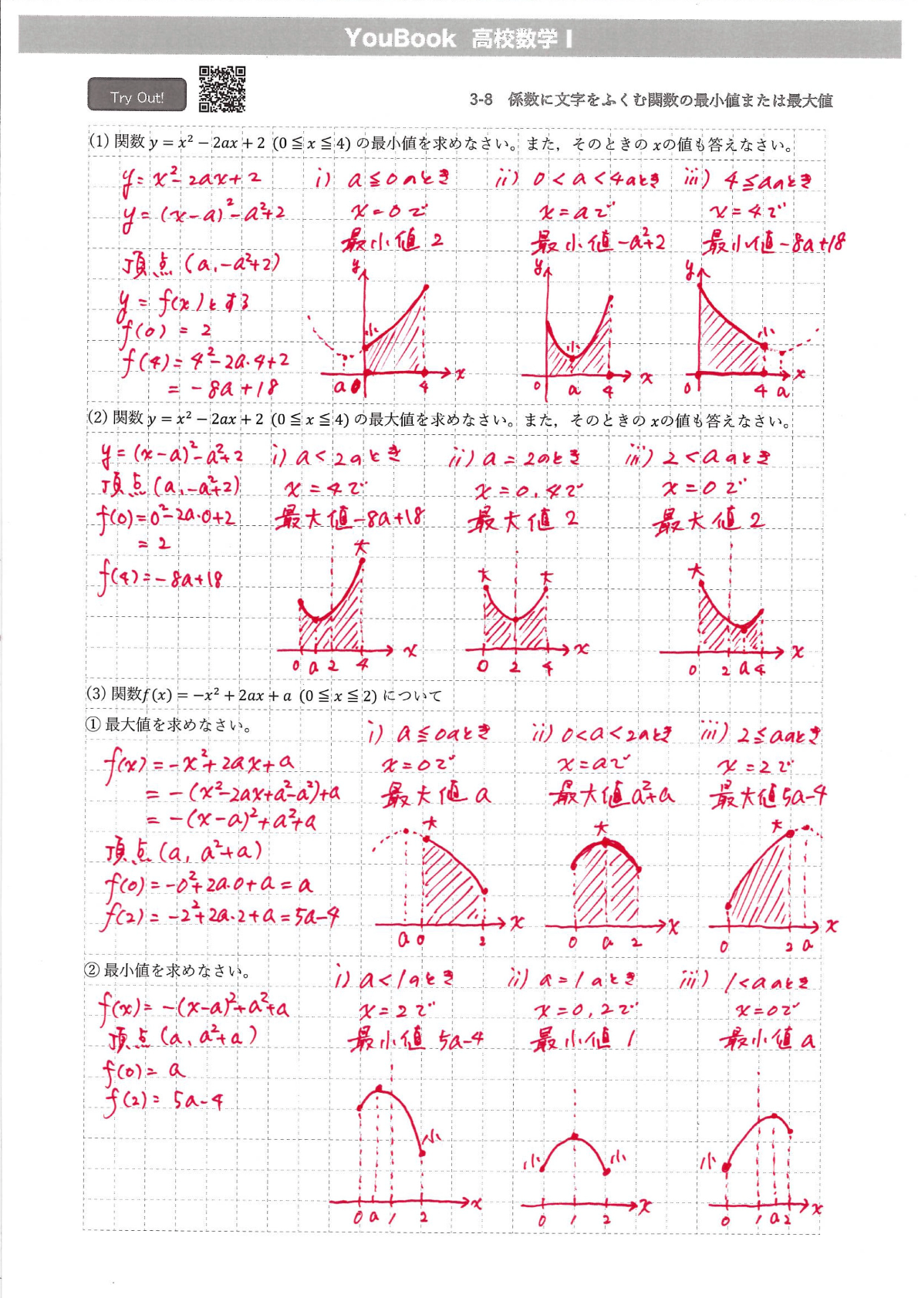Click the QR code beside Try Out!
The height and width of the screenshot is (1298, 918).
222,89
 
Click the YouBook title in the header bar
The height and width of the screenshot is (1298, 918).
400,38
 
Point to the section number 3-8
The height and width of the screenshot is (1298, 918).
481,99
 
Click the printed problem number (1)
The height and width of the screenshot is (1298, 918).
99,141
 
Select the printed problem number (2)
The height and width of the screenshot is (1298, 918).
98,418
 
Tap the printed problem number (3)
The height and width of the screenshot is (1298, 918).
96,693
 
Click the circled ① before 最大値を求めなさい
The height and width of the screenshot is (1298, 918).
93,725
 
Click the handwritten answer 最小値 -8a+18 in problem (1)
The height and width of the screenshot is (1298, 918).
772,243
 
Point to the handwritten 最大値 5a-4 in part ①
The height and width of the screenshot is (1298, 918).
767,796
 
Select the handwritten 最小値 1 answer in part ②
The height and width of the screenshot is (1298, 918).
582,1040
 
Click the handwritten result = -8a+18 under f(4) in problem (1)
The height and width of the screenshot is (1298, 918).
223,388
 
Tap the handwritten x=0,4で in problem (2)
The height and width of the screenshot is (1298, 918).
528,491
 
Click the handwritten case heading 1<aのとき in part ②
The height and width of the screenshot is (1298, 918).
744,981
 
